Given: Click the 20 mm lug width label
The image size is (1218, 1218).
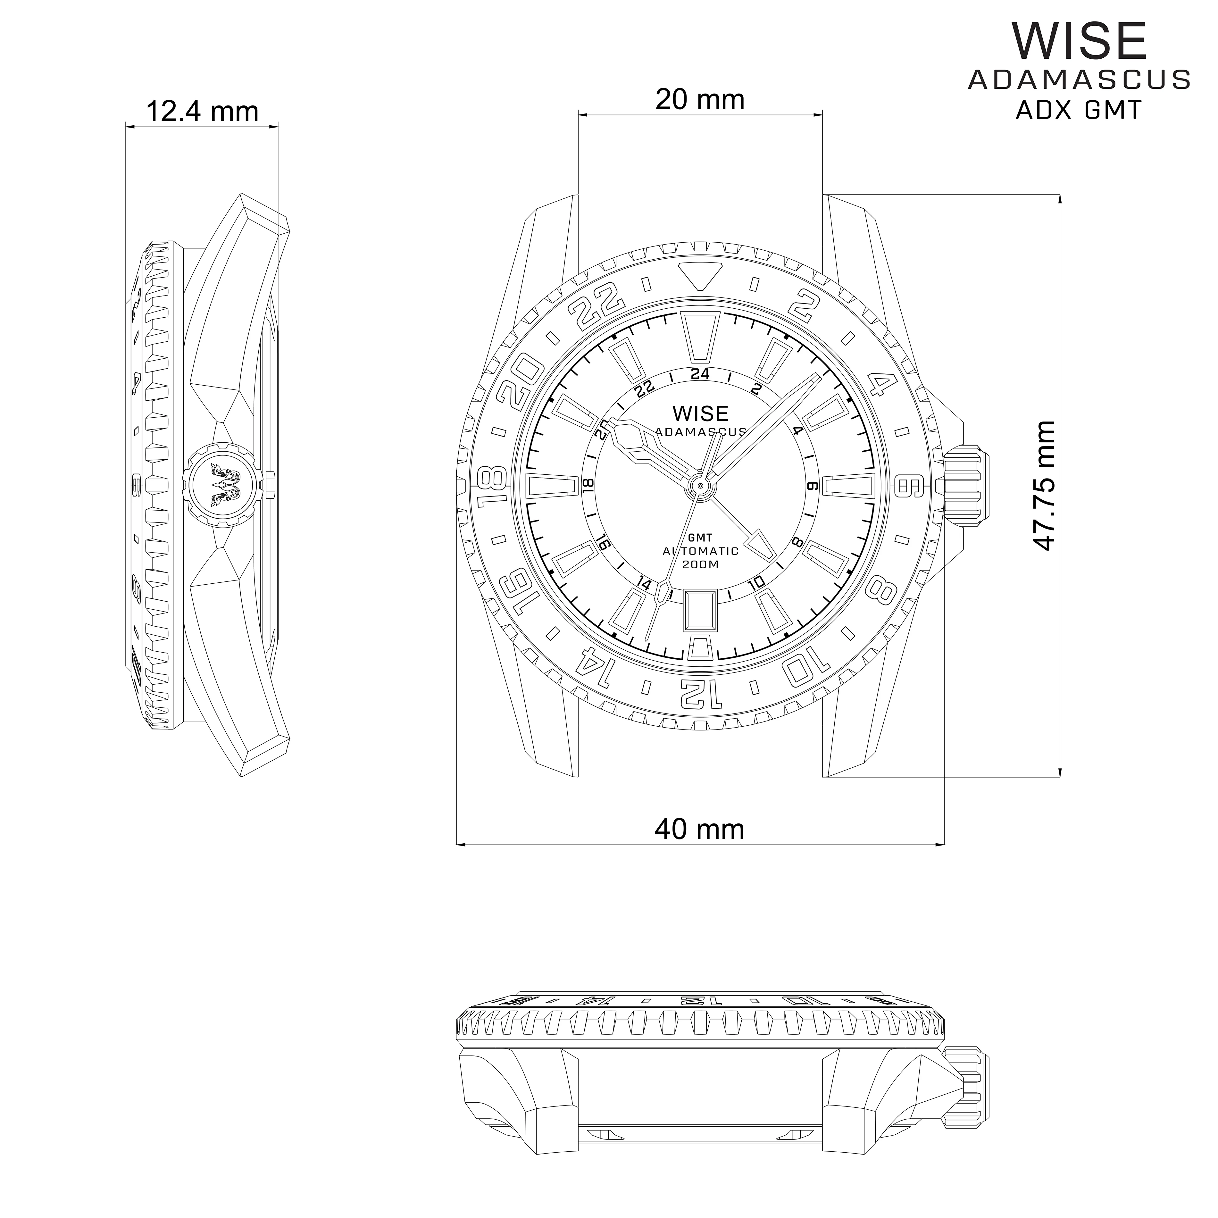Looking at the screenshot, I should pyautogui.click(x=700, y=100).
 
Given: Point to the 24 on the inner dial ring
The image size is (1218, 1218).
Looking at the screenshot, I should pyautogui.click(x=700, y=374).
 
